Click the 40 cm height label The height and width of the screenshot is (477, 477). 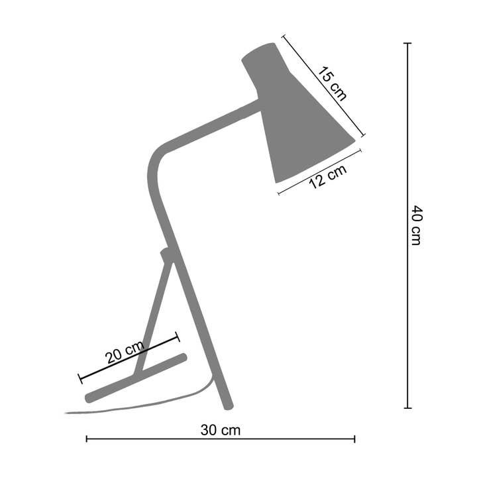point(415,225)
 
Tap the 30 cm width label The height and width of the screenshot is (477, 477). point(221,430)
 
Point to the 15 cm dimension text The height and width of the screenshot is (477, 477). point(330,83)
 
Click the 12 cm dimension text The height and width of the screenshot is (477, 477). point(327,176)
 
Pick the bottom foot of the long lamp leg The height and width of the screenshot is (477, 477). point(228,402)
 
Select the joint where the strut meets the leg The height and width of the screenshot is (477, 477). point(167,254)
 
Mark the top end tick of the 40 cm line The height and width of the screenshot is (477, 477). point(407,44)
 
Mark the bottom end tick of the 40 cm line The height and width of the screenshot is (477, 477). point(407,407)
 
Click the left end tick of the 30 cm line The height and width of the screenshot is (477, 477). point(87,439)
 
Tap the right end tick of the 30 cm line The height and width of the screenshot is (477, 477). point(354,439)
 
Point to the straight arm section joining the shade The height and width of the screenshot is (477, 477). point(212,123)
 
